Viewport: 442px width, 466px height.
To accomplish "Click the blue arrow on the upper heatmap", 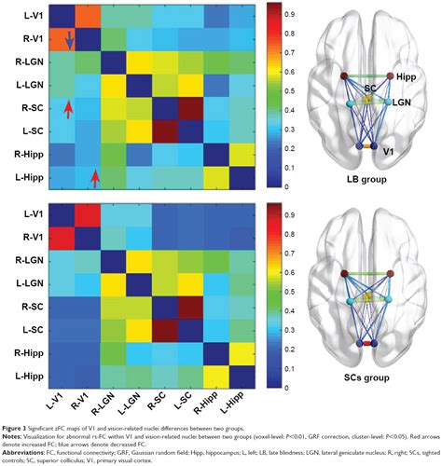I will [x=69, y=38].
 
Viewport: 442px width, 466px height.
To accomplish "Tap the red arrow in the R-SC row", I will [x=67, y=111].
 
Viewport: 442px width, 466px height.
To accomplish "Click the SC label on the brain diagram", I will [x=371, y=87].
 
